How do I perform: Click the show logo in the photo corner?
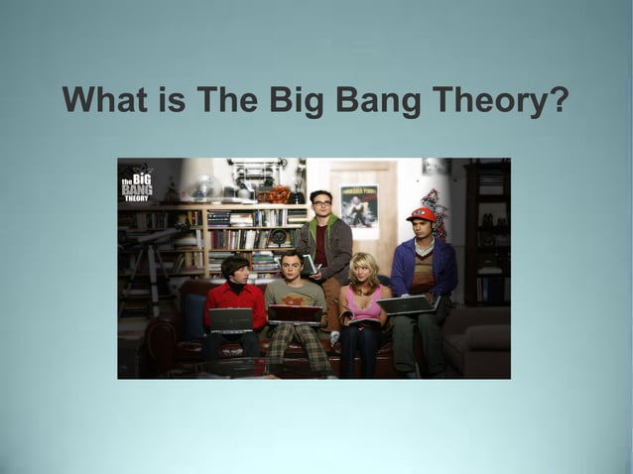pos(136,187)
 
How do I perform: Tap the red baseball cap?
pos(422,214)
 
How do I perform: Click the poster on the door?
pos(359,205)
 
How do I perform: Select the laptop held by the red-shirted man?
pos(231,319)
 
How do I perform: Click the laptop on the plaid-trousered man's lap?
pos(295,313)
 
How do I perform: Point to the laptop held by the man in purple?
pos(407,305)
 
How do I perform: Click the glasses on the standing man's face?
pos(320,203)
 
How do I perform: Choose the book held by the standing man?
pos(310,264)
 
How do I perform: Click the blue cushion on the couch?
pos(193,317)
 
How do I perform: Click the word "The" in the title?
pos(225,100)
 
